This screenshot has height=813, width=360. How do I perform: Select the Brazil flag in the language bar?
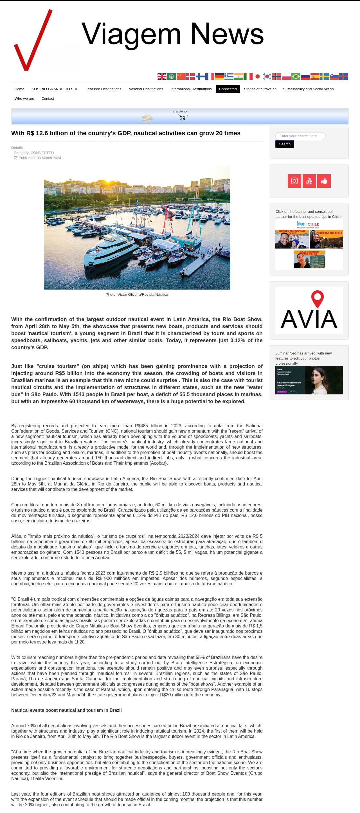tap(296, 76)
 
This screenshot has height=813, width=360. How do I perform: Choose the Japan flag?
tap(257, 76)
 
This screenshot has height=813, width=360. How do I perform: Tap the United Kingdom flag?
tap(162, 76)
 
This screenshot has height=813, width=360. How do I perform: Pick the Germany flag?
tap(219, 76)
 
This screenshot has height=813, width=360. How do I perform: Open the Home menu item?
tap(19, 89)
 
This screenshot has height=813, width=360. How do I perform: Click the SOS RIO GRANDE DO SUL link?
tap(55, 89)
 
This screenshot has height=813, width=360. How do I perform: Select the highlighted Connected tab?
tap(228, 89)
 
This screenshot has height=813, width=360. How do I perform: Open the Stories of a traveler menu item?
tap(260, 89)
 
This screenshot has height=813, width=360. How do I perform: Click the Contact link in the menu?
tap(48, 98)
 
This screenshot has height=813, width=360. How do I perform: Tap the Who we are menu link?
tap(24, 98)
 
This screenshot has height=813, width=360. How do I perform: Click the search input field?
tap(300, 136)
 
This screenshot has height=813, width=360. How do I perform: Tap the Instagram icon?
tap(294, 181)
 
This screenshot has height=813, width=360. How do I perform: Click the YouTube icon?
tap(309, 181)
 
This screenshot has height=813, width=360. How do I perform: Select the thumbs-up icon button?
tap(324, 181)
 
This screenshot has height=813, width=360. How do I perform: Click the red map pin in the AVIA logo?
tap(317, 298)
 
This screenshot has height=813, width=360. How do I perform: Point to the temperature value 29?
tap(182, 118)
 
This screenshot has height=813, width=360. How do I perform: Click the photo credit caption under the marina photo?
tap(137, 294)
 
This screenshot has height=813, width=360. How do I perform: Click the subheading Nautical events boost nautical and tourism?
tap(66, 710)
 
